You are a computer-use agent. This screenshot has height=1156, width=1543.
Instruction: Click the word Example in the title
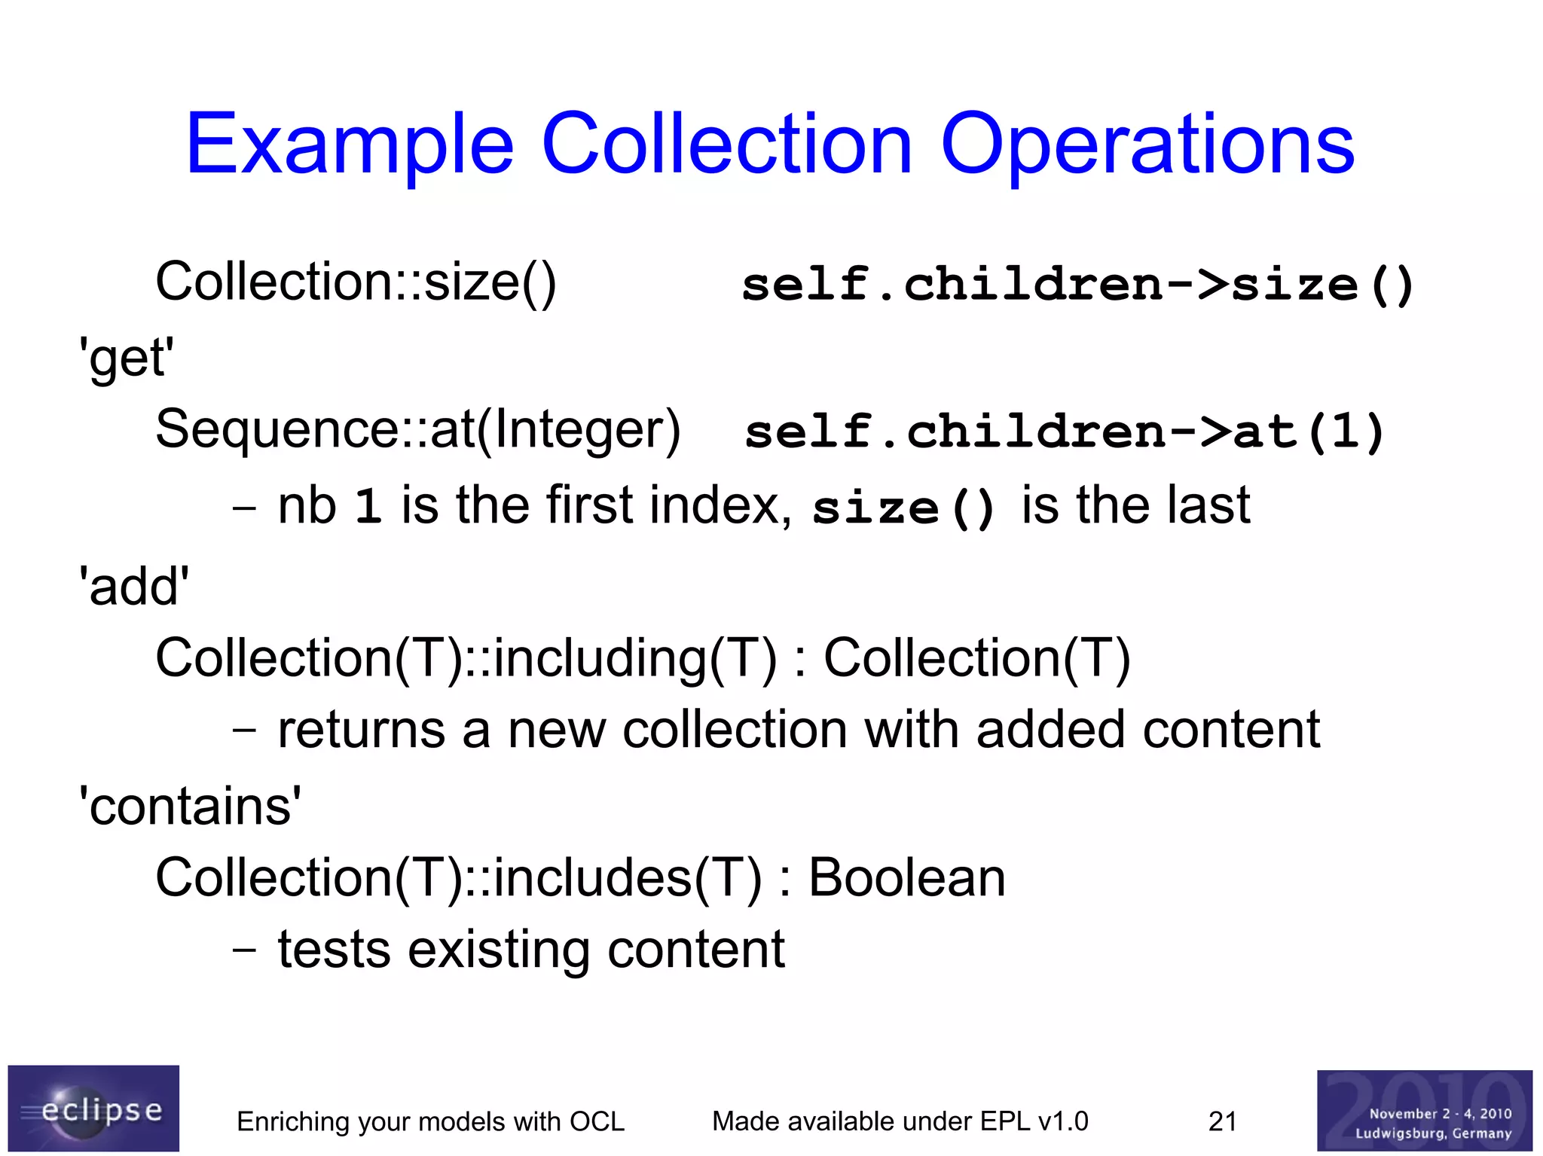point(350,145)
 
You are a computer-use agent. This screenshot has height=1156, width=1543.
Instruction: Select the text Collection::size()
point(356,282)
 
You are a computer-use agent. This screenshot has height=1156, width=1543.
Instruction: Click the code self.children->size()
point(1077,285)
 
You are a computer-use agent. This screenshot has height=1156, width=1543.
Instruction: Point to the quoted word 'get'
point(127,358)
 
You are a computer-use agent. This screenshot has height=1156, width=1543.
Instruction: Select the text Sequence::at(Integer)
point(418,430)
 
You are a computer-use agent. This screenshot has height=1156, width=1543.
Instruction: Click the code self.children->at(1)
point(1064,432)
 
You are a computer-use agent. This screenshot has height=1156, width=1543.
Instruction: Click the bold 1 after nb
point(368,506)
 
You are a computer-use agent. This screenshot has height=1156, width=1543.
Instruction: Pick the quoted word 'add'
point(134,587)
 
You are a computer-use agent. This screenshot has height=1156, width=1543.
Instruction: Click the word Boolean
point(906,878)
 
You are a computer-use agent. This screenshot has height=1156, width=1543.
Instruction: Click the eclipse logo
point(93,1108)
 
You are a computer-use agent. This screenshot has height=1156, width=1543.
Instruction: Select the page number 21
point(1222,1121)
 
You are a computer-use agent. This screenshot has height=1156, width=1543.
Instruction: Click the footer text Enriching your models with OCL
point(430,1121)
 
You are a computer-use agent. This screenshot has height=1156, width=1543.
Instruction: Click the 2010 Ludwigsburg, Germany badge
point(1424,1110)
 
